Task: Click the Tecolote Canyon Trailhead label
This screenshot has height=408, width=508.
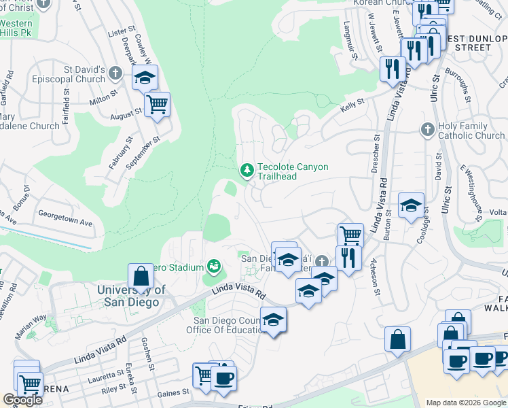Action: coord(292,171)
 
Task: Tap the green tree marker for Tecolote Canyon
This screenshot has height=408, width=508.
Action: coord(247,169)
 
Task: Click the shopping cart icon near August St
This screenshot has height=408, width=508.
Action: coord(157,105)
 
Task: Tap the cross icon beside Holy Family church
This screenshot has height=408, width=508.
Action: coord(427,129)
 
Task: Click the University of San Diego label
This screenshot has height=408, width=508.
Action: coord(132,296)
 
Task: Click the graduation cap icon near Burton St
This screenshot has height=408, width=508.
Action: coord(411,205)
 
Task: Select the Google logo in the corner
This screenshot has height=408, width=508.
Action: coord(22,400)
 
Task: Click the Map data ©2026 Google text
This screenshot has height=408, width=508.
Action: coord(466,403)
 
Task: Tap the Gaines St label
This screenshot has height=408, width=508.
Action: coord(175,393)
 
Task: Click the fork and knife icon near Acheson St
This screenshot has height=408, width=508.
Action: coord(348,258)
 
